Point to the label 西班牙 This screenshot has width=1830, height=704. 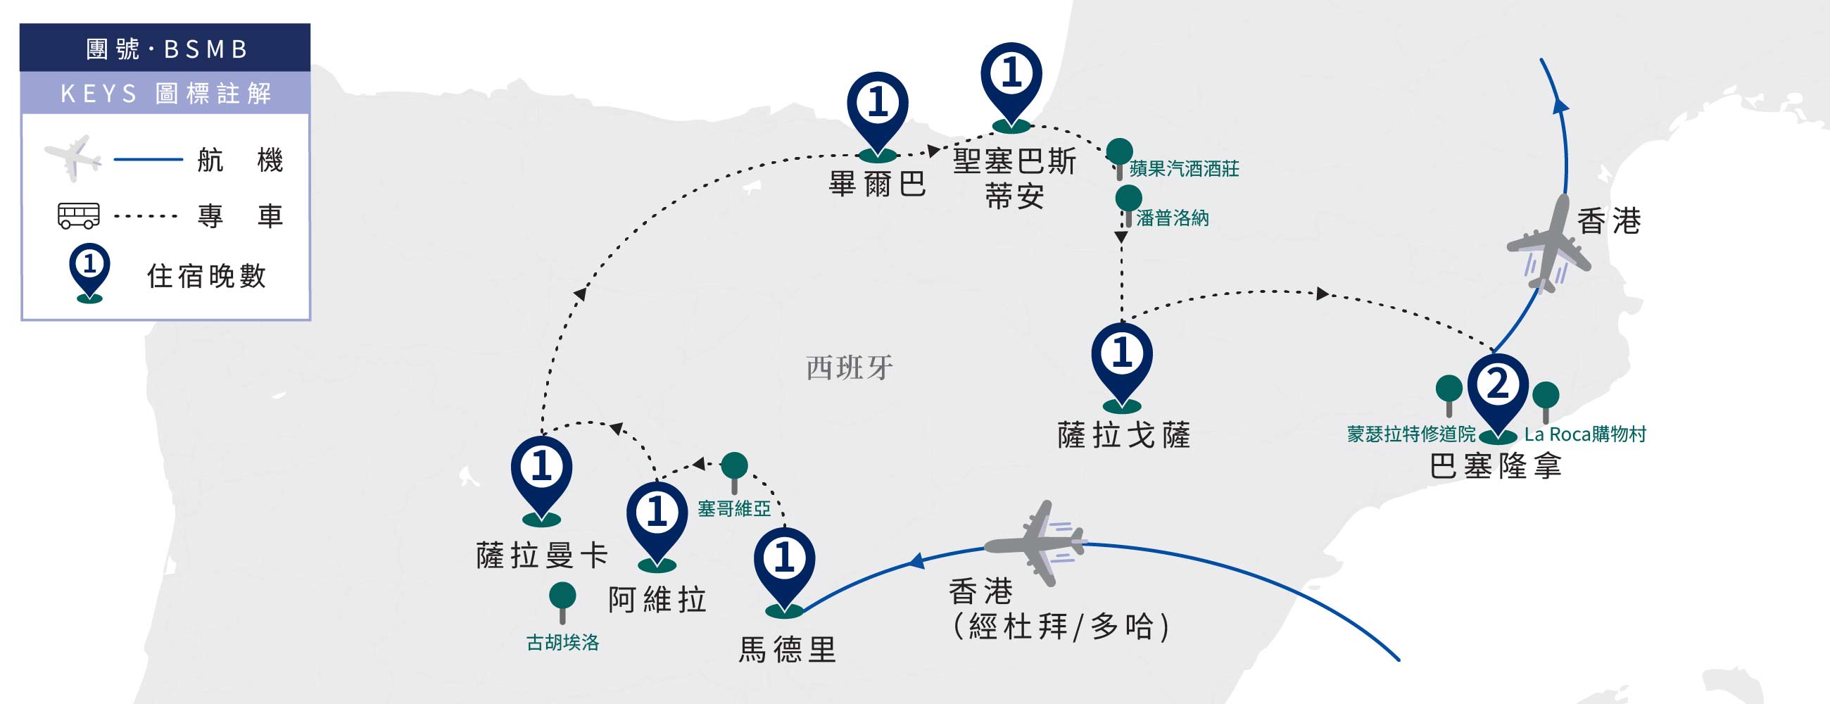850,368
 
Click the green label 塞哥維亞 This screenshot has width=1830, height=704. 734,509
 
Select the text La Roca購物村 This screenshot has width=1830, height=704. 1585,434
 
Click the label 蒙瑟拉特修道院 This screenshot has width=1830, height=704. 1411,434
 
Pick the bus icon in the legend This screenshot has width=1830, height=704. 78,215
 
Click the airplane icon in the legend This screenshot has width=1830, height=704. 72,158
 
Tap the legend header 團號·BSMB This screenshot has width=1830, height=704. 166,49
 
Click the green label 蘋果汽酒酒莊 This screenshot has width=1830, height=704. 1184,168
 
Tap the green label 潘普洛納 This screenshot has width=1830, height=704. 1172,218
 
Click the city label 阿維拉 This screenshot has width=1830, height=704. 657,600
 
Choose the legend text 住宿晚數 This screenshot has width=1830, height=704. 206,276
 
